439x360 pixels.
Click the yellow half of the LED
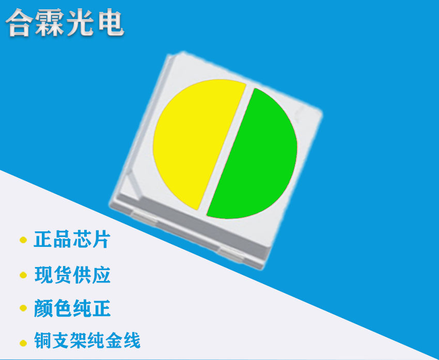[194, 139]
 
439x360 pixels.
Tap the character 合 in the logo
[22, 23]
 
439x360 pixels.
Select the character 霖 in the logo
[52, 23]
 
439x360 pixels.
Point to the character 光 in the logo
[82, 23]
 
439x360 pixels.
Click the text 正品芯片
[72, 240]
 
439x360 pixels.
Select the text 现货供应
[72, 275]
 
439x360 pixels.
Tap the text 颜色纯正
[72, 309]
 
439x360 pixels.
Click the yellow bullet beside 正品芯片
[23, 241]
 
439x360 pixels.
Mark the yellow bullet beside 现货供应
[23, 275]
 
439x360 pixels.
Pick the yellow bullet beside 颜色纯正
[23, 309]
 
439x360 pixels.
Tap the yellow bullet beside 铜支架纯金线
[23, 342]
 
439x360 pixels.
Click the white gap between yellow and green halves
[227, 150]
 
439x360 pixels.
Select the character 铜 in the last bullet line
[43, 341]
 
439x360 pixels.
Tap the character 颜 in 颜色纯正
[43, 309]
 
